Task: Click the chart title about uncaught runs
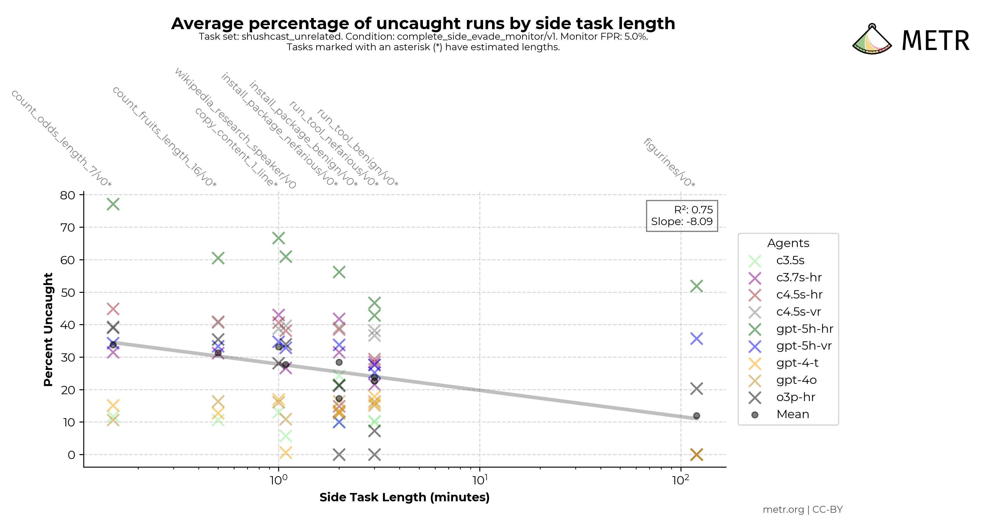point(423,23)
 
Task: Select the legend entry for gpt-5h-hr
point(804,329)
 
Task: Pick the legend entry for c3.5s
point(790,261)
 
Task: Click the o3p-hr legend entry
point(795,397)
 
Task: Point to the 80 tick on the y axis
point(67,195)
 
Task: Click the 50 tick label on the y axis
point(67,292)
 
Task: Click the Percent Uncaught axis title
point(48,329)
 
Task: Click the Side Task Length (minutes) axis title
point(404,497)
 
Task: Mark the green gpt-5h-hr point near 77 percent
point(113,204)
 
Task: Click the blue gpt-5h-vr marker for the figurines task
point(697,339)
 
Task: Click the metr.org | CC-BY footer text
point(803,510)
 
